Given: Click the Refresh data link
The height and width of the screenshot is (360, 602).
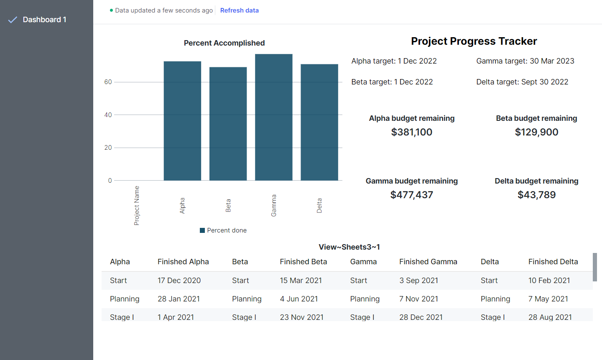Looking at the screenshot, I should pos(239,10).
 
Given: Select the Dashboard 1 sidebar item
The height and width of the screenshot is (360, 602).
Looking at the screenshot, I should pos(44,20).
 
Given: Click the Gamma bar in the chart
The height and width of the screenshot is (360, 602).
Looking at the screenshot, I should pos(273,117).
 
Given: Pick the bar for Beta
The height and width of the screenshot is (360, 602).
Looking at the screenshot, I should pos(228,124).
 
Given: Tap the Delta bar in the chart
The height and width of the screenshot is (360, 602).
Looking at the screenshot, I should pos(319,123).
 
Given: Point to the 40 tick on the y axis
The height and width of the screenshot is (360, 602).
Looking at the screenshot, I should pos(108,115).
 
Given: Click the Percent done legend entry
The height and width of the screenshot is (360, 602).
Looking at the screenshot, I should pos(223,230).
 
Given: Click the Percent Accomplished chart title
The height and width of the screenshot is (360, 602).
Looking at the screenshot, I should pos(224,43).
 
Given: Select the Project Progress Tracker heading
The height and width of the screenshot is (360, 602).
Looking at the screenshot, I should pos(474,41).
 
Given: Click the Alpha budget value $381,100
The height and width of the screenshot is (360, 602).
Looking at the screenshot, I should pos(411,132).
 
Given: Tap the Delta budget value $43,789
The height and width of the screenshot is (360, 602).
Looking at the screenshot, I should pos(536,195).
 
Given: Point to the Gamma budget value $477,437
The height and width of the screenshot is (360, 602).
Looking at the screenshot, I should pos(411,195).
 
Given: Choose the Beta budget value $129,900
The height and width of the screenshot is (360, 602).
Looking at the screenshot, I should pos(536,132).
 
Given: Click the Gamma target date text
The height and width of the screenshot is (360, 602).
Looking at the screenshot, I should pos(525,61).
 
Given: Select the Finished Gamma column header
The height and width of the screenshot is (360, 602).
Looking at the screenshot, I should pos(428,262).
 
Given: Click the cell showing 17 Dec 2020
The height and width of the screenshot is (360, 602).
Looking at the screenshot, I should pos(179,281).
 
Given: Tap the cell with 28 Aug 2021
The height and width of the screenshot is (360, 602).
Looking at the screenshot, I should pos(550,317).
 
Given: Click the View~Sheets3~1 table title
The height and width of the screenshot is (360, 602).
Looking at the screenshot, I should pos(349,247).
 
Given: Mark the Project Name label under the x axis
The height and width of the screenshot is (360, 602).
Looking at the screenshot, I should pos(137,206).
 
